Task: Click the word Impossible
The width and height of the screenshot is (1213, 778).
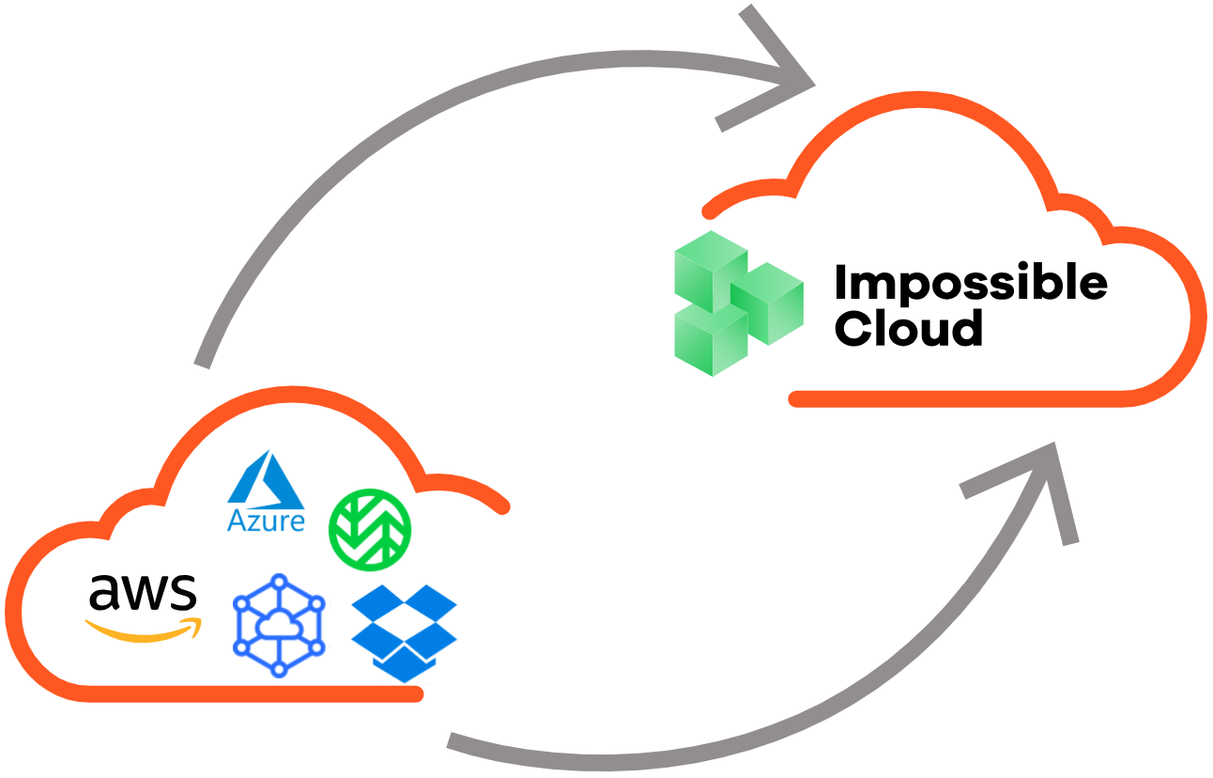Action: pos(970,284)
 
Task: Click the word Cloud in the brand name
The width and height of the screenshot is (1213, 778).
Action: pos(908,329)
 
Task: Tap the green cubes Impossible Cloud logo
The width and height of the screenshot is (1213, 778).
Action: pos(738,303)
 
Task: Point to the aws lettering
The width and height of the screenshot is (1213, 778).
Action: pos(143,592)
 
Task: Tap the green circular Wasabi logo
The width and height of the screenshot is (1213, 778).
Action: pos(370,529)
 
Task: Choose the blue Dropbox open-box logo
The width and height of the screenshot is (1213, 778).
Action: pos(404,631)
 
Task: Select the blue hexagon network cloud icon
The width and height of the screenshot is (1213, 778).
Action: pos(279,624)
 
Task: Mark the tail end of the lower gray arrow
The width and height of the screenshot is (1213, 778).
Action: pos(453,740)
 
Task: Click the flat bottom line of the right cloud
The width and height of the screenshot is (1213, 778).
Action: pos(958,399)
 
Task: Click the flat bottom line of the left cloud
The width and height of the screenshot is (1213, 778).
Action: pos(253,694)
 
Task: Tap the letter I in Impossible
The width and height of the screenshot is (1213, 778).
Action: pos(840,284)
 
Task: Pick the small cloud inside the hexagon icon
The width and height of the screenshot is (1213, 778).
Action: pos(279,627)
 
